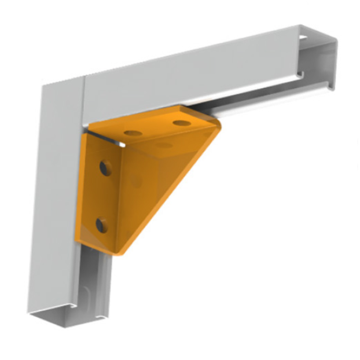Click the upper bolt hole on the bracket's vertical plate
(105, 168)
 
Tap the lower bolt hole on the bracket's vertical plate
(102, 225)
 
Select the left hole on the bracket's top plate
(133, 133)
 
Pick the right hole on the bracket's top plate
(181, 123)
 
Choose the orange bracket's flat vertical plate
(98, 194)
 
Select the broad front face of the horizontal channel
(191, 72)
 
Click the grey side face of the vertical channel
(58, 203)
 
